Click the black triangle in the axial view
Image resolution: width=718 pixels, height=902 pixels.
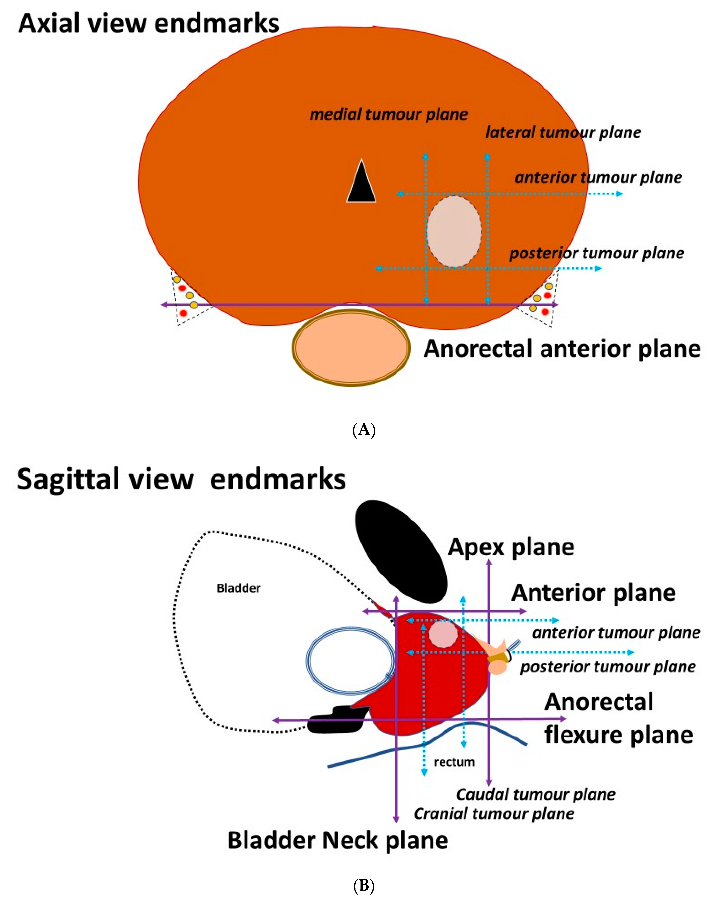click(x=361, y=184)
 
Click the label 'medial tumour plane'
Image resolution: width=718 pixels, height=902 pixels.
click(x=388, y=114)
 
